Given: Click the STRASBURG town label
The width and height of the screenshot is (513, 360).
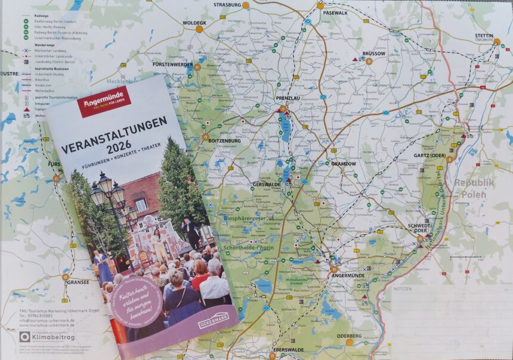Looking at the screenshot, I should (x=227, y=5).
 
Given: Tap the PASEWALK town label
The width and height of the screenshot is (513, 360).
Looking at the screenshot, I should (x=335, y=13).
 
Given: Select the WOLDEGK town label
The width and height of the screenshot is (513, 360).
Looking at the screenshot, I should (x=194, y=23).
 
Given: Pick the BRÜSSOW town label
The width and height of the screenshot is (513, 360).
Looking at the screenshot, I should (x=374, y=54).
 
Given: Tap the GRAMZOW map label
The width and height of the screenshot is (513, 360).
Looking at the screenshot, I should (x=343, y=163).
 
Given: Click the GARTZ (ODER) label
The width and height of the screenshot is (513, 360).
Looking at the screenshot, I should (x=429, y=155).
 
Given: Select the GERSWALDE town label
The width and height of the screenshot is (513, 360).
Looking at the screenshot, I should (x=266, y=184).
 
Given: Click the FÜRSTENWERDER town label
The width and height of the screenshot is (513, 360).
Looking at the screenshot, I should (x=173, y=64).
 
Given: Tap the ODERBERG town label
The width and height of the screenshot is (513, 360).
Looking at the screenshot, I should (x=350, y=336).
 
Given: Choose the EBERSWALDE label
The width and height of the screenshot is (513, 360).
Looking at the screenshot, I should (x=289, y=350).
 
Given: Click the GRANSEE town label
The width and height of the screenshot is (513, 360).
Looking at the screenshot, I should (x=78, y=281).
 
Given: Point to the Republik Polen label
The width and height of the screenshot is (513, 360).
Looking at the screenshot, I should (x=474, y=188).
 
